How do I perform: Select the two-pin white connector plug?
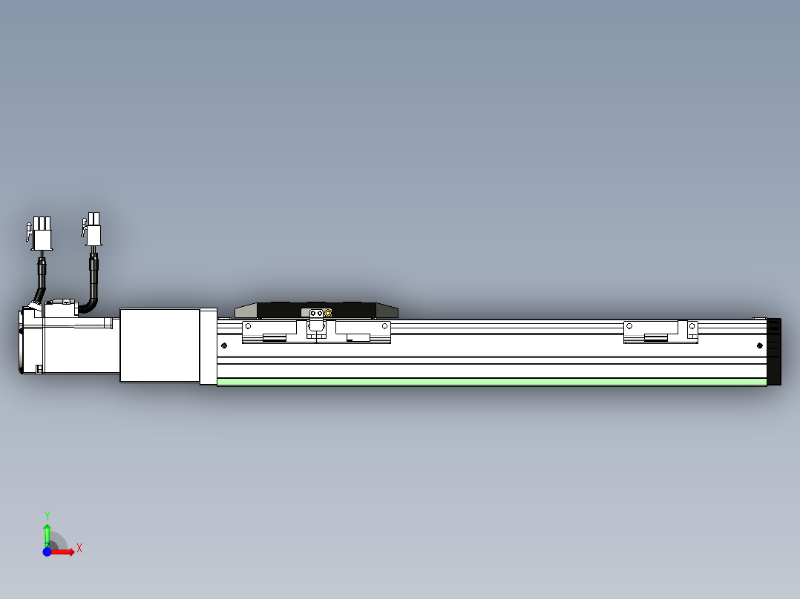94,230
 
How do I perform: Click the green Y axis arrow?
47,532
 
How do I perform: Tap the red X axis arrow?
63,552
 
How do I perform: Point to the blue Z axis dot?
47,552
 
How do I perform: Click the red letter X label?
79,548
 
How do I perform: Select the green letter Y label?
47,514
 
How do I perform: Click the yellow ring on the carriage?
328,314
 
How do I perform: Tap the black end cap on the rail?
774,351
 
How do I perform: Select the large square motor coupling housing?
160,345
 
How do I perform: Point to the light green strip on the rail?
490,382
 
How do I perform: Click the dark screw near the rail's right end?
758,345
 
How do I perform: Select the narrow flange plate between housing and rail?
208,347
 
